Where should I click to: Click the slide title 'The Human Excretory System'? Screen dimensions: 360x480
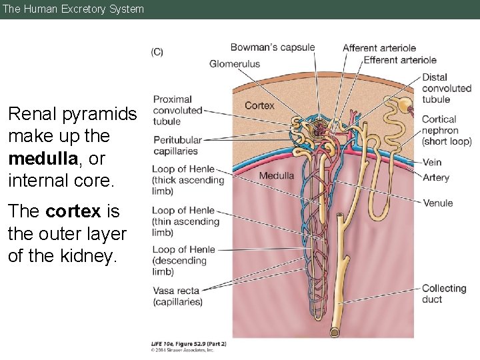tap(73, 9)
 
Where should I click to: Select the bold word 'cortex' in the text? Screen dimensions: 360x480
tap(73, 211)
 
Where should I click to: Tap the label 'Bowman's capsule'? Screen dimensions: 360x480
tap(272, 47)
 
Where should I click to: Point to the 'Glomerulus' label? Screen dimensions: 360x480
tap(235, 64)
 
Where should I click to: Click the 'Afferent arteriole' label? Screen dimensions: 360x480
tap(379, 48)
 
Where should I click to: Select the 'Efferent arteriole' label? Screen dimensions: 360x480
tap(400, 60)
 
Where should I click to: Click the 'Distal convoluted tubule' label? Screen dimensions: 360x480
tap(446, 88)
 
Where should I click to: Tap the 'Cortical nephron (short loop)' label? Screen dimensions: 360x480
tap(446, 130)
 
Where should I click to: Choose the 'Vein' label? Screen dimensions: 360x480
tap(431, 162)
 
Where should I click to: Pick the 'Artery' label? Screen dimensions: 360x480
tap(435, 177)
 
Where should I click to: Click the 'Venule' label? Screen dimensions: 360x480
tap(437, 203)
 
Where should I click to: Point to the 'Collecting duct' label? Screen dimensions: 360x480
tap(443, 293)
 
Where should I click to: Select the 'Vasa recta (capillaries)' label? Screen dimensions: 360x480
tap(177, 296)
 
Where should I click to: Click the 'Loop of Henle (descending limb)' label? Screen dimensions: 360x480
tap(183, 260)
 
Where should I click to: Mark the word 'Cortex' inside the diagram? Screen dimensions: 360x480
tap(259, 105)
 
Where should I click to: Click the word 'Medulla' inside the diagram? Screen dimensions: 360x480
tap(276, 176)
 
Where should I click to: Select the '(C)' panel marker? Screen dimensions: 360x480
tap(157, 52)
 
